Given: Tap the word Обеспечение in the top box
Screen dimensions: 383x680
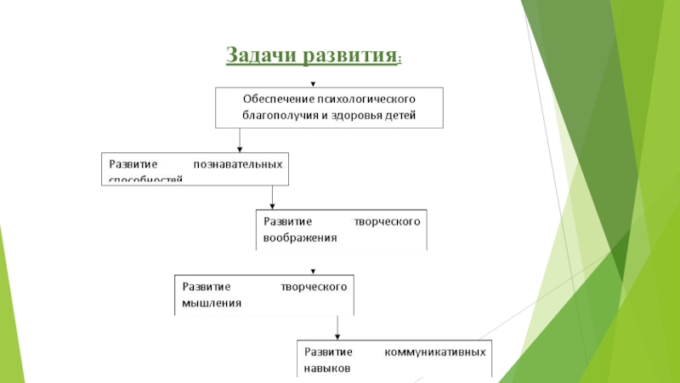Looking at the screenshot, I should coord(278,99).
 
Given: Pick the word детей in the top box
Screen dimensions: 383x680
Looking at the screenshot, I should coord(400,115).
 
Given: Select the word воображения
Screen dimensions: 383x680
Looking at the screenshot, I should coord(300,238).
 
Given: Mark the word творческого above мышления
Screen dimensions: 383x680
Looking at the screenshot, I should coord(314,286).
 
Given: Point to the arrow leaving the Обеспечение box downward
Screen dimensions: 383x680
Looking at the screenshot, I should coord(241,139).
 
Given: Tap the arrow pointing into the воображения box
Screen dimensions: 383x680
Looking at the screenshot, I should coord(272,197).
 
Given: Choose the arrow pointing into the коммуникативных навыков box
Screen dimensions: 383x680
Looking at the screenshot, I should coord(337,328).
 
